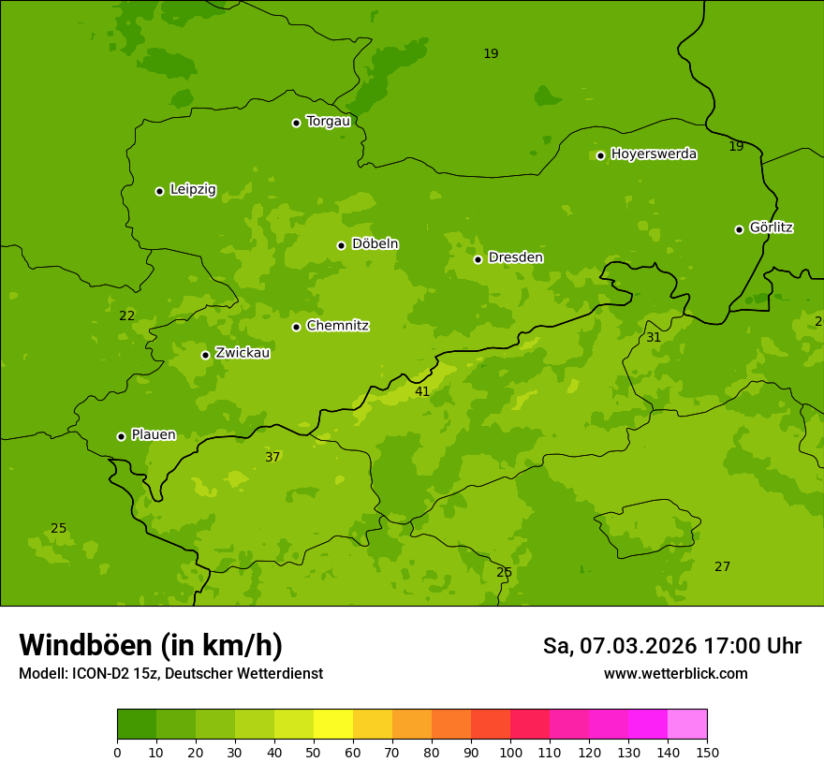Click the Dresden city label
click(x=515, y=257)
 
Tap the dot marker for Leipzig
click(x=159, y=191)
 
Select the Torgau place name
click(x=328, y=122)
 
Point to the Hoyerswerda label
click(x=654, y=154)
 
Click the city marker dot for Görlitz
click(x=739, y=229)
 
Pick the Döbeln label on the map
click(x=375, y=243)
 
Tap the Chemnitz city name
click(x=337, y=326)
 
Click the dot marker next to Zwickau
click(x=205, y=355)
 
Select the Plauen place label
click(x=153, y=434)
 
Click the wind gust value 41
click(x=422, y=391)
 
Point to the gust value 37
click(x=272, y=457)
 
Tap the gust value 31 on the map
click(x=654, y=337)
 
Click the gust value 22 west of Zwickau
click(x=126, y=315)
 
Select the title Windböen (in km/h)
click(x=151, y=645)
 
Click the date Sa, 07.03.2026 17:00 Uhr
click(x=671, y=646)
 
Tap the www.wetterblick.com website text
click(x=675, y=674)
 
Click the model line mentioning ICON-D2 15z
click(x=170, y=674)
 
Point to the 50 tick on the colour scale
click(x=314, y=752)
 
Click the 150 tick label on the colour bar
click(x=706, y=752)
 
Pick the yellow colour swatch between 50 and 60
click(x=333, y=725)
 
